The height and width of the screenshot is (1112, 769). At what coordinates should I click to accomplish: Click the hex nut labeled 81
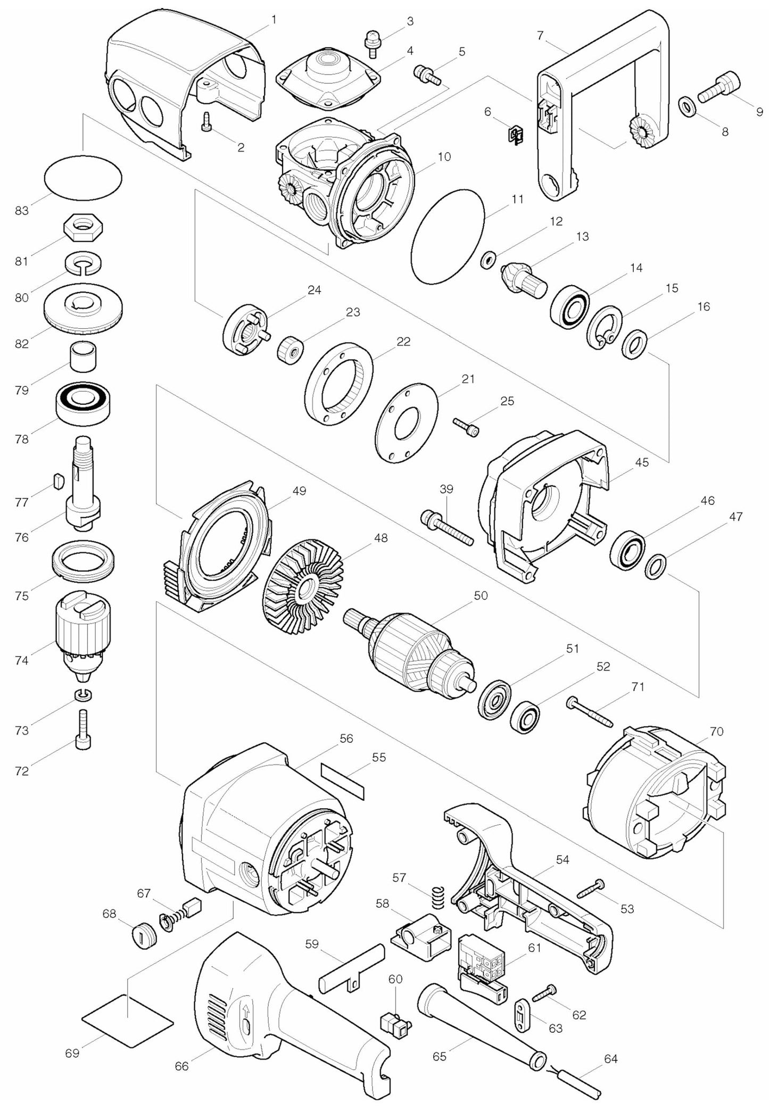pyautogui.click(x=83, y=229)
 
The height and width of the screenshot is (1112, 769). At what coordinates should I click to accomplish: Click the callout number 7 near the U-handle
pyautogui.click(x=540, y=36)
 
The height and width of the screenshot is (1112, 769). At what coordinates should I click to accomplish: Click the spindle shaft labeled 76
pyautogui.click(x=82, y=482)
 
